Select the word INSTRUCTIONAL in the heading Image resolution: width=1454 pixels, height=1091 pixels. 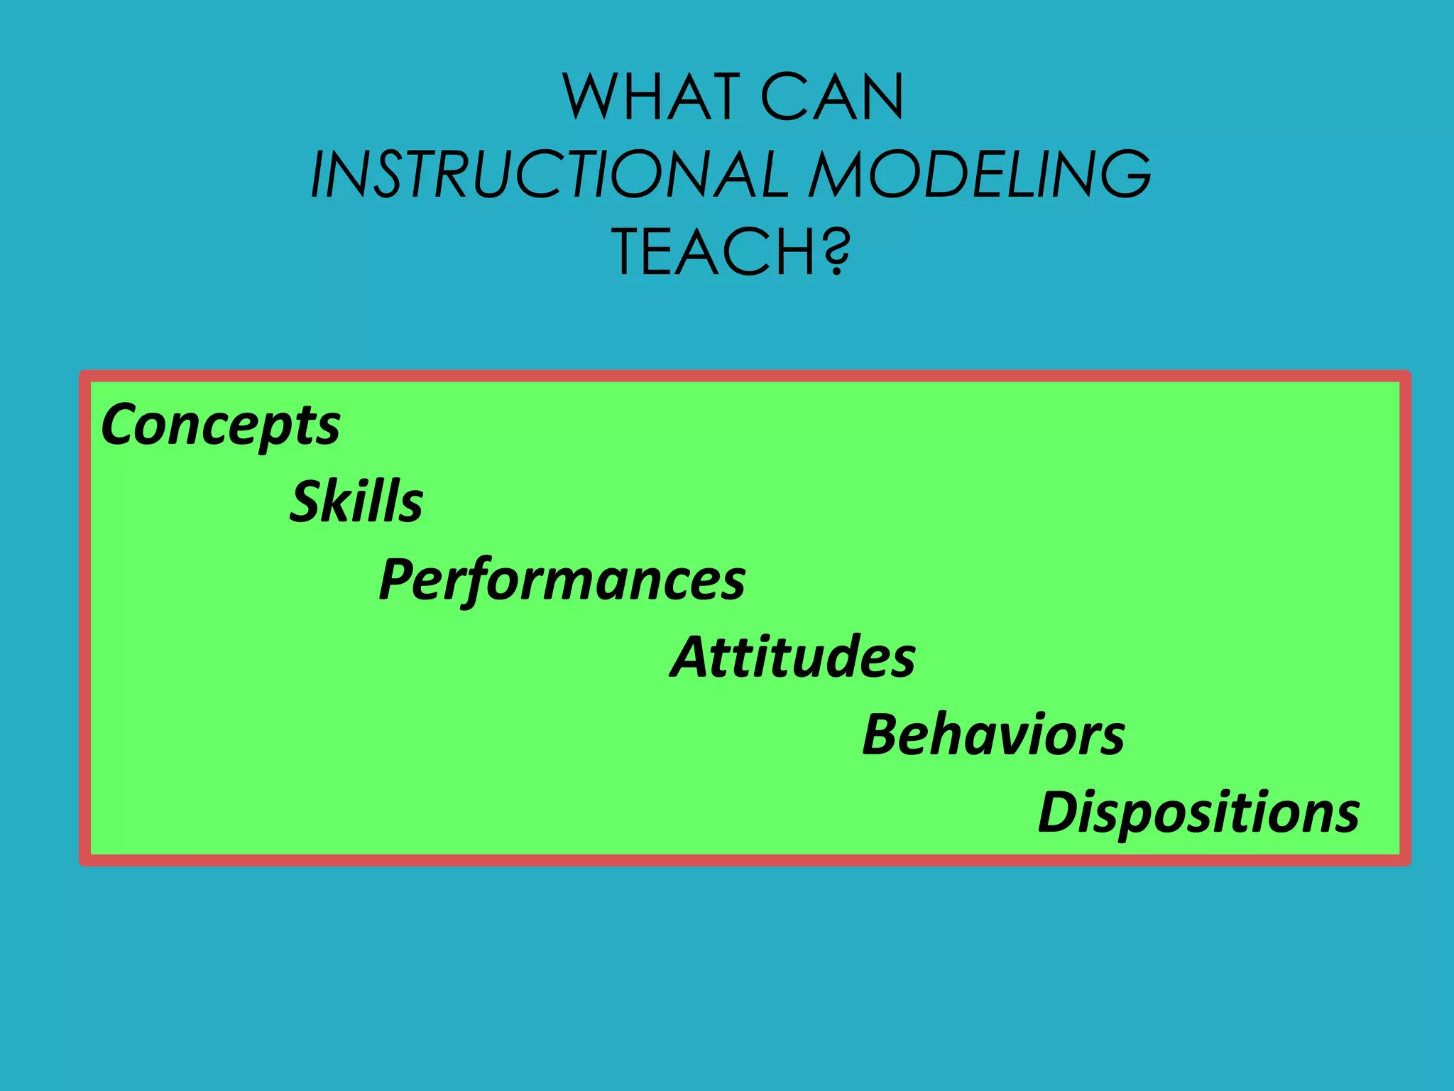click(x=550, y=175)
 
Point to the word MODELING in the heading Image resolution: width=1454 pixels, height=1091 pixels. click(x=980, y=175)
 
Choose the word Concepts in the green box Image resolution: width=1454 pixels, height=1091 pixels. click(x=221, y=425)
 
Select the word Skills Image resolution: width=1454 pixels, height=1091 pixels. click(x=356, y=501)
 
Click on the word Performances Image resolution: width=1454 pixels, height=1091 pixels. click(x=562, y=580)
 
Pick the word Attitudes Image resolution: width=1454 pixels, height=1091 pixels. click(x=792, y=657)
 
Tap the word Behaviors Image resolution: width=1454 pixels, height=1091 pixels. click(x=993, y=734)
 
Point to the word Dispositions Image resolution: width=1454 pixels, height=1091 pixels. click(x=1198, y=812)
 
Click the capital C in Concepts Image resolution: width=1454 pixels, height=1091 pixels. click(x=122, y=425)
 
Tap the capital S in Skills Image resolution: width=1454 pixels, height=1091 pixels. click(x=307, y=501)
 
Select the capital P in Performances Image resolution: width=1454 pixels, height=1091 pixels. click(x=399, y=580)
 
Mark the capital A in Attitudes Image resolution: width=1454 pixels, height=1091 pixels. click(x=692, y=657)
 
